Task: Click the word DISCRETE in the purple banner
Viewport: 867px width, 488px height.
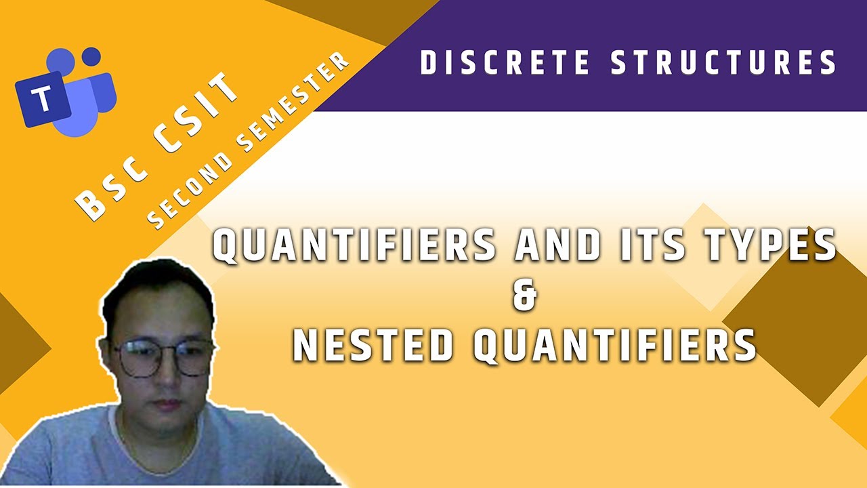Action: (505, 63)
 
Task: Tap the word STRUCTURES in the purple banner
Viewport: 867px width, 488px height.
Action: (723, 63)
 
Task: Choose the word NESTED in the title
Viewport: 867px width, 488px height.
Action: (373, 344)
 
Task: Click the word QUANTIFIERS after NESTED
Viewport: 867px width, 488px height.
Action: (614, 344)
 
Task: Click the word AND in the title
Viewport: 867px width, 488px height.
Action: (557, 245)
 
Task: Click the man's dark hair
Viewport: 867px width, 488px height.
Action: (156, 285)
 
